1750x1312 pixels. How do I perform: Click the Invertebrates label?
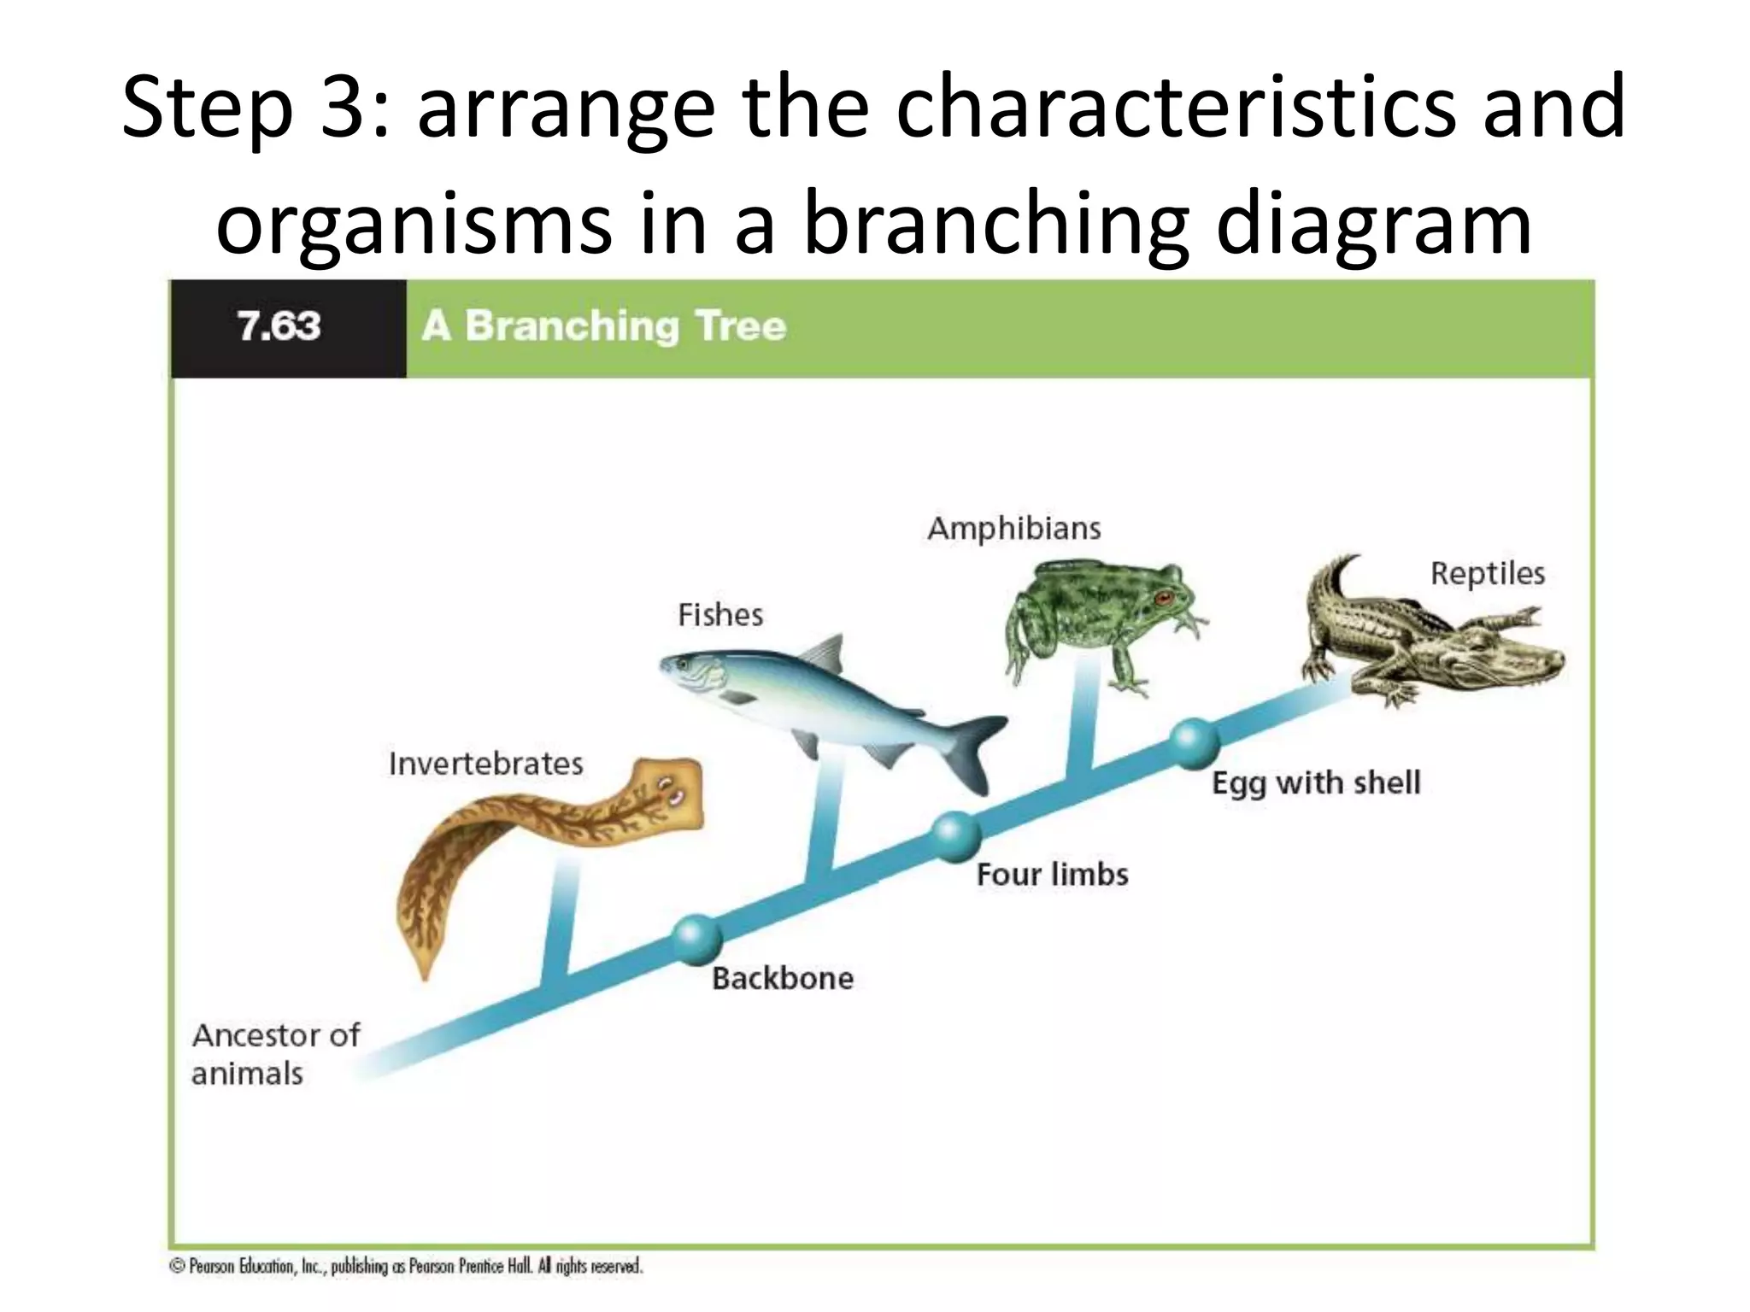(485, 764)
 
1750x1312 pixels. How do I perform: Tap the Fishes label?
(719, 615)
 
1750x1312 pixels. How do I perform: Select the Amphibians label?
(1014, 529)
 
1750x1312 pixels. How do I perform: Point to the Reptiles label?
(1488, 574)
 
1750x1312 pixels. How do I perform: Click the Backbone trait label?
(783, 979)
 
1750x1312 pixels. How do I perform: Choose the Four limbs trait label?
(1053, 875)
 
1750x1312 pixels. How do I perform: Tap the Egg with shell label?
(1316, 783)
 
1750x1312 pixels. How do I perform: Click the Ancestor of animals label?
(275, 1054)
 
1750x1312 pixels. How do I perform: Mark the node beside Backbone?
(697, 938)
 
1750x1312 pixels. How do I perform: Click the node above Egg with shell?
(1193, 743)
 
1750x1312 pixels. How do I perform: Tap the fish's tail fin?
(979, 747)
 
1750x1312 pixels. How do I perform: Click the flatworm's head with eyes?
(668, 790)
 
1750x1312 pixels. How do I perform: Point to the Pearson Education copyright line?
(407, 1266)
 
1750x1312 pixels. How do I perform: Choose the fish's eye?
(684, 663)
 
